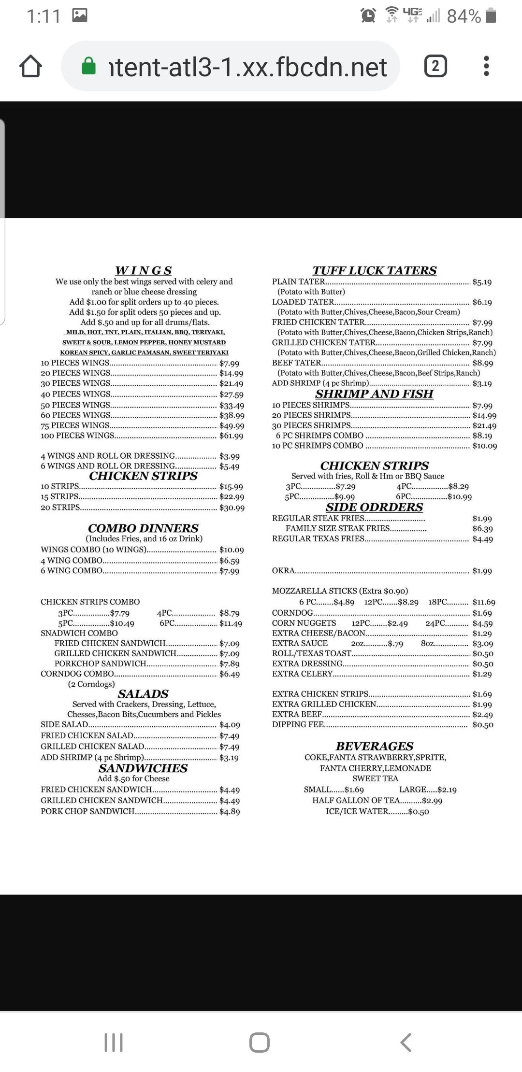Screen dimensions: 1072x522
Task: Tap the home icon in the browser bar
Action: coord(30,66)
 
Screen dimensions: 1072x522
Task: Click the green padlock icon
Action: coord(89,66)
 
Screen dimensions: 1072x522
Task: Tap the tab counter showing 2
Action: coord(435,66)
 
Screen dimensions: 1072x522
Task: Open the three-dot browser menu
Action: coord(486,66)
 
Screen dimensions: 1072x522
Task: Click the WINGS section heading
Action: coord(144,270)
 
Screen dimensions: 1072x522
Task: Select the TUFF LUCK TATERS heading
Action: coord(374,270)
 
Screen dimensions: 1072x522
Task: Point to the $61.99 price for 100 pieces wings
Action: coord(231,436)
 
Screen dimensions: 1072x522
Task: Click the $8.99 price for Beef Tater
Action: coord(482,363)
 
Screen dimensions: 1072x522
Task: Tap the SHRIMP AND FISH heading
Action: coord(374,394)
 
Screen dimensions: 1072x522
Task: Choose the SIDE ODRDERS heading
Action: coord(374,507)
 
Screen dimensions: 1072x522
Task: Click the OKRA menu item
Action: coord(284,570)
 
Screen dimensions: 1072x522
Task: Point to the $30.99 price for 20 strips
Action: coord(232,508)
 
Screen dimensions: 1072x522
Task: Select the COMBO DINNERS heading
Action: coord(143,528)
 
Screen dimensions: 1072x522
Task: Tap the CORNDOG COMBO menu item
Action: coord(77,674)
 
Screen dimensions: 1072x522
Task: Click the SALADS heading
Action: coord(143,694)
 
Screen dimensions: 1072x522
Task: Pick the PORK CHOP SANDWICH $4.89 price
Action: coord(229,811)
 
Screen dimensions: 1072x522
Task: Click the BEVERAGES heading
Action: coord(375,746)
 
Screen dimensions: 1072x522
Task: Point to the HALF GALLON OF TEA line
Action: coord(377,800)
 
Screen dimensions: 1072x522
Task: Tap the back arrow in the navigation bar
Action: coord(406,1043)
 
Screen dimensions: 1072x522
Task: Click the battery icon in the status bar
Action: coord(491,15)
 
